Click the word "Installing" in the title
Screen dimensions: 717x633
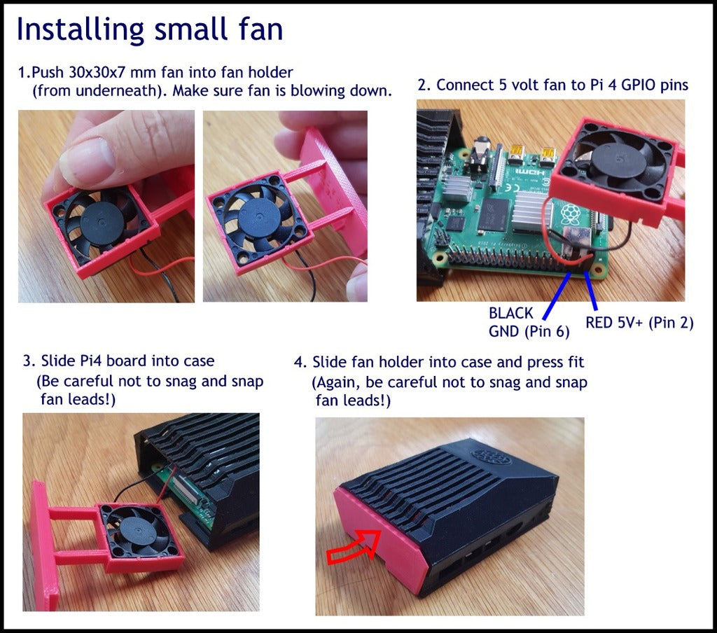click(x=80, y=30)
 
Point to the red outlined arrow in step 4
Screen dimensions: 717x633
click(x=354, y=547)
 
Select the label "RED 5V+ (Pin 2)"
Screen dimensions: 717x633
click(x=639, y=323)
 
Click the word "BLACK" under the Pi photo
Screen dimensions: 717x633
click(x=510, y=313)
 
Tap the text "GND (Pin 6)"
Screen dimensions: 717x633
click(x=529, y=331)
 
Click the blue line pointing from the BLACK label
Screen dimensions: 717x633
click(x=557, y=296)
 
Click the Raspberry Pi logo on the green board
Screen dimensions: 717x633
click(x=569, y=213)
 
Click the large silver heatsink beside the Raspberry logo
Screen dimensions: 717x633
click(x=532, y=212)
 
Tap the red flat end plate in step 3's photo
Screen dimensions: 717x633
click(x=45, y=545)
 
